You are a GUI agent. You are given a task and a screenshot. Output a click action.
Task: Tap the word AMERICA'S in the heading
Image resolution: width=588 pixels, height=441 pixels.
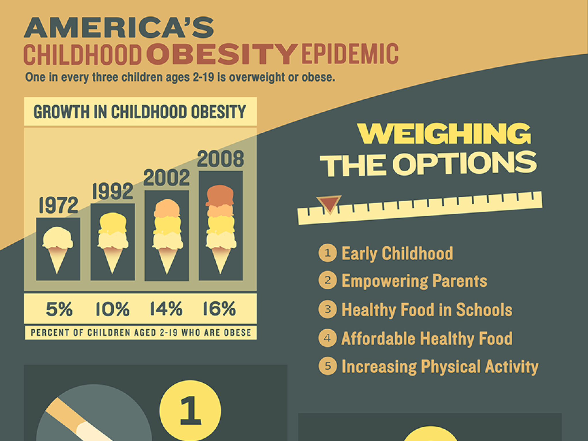click(119, 28)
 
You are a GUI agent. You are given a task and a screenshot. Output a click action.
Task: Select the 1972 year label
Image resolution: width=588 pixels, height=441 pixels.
click(58, 205)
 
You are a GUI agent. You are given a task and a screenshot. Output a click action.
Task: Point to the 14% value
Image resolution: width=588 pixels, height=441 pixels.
click(166, 309)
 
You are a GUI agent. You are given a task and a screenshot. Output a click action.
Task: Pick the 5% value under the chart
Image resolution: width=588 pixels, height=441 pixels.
click(59, 309)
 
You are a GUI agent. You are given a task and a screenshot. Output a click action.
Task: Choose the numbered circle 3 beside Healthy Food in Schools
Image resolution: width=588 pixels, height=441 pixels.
click(327, 309)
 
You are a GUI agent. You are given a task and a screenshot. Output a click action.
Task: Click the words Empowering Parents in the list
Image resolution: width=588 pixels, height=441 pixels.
click(414, 281)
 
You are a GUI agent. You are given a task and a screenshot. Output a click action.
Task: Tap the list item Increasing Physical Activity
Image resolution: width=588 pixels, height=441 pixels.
click(440, 367)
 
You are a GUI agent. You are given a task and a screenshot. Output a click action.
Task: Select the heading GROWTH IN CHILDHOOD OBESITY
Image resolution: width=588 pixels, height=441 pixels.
click(140, 112)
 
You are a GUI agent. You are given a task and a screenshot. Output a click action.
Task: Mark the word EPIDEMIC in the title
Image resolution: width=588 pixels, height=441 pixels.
click(350, 54)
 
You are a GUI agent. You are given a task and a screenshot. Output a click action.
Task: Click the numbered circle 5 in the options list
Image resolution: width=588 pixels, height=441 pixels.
click(327, 366)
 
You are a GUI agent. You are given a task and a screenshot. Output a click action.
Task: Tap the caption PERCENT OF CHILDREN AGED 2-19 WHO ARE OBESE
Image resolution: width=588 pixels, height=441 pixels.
click(141, 333)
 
